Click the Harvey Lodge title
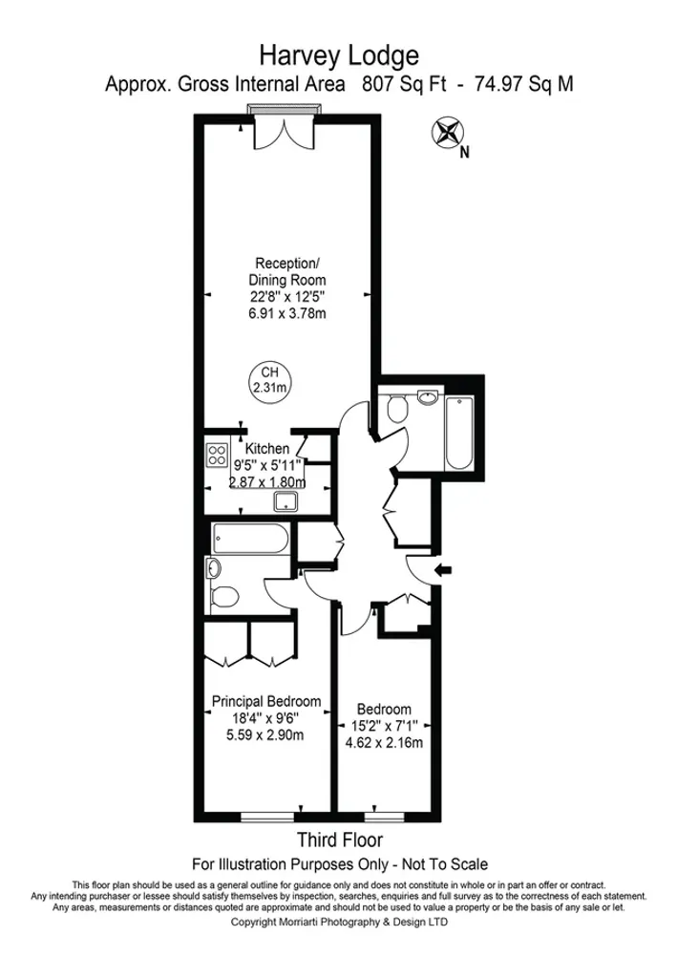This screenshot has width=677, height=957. click(x=338, y=53)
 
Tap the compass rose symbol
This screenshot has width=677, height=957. click(x=447, y=131)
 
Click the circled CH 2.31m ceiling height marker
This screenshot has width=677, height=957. click(x=269, y=380)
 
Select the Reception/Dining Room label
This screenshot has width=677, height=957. click(x=288, y=271)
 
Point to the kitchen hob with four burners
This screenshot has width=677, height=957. click(x=215, y=455)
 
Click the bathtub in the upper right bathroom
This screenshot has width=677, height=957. click(x=458, y=434)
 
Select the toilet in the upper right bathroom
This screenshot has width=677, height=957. click(x=399, y=409)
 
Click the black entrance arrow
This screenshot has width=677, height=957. click(x=443, y=571)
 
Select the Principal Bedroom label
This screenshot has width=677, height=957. click(x=266, y=700)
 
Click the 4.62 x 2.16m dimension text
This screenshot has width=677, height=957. click(x=384, y=743)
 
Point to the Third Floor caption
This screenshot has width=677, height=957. click(x=340, y=840)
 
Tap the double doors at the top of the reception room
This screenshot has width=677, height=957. click(x=274, y=134)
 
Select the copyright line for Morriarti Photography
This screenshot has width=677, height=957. click(x=338, y=923)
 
